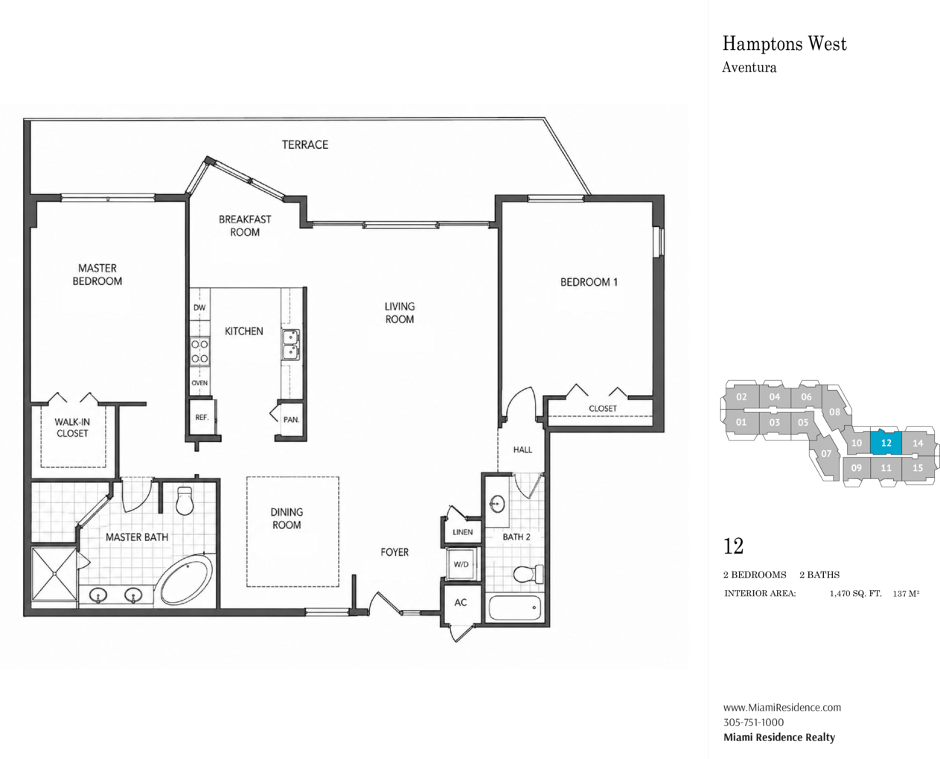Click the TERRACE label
click(x=305, y=145)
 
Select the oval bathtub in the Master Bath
click(x=187, y=580)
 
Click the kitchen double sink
click(x=291, y=345)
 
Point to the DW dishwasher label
click(x=199, y=307)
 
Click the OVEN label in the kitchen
click(x=199, y=382)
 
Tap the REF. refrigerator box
click(x=202, y=417)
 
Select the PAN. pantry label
click(x=291, y=419)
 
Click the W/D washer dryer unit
click(x=461, y=564)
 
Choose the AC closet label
click(x=460, y=602)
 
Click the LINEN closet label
click(x=462, y=532)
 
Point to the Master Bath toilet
click(x=185, y=500)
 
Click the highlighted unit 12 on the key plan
click(x=886, y=442)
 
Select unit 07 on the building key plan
click(x=825, y=454)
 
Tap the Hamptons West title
click(x=784, y=44)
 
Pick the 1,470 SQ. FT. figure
click(x=855, y=594)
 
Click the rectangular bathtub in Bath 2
click(x=514, y=608)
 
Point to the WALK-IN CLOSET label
click(x=72, y=428)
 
